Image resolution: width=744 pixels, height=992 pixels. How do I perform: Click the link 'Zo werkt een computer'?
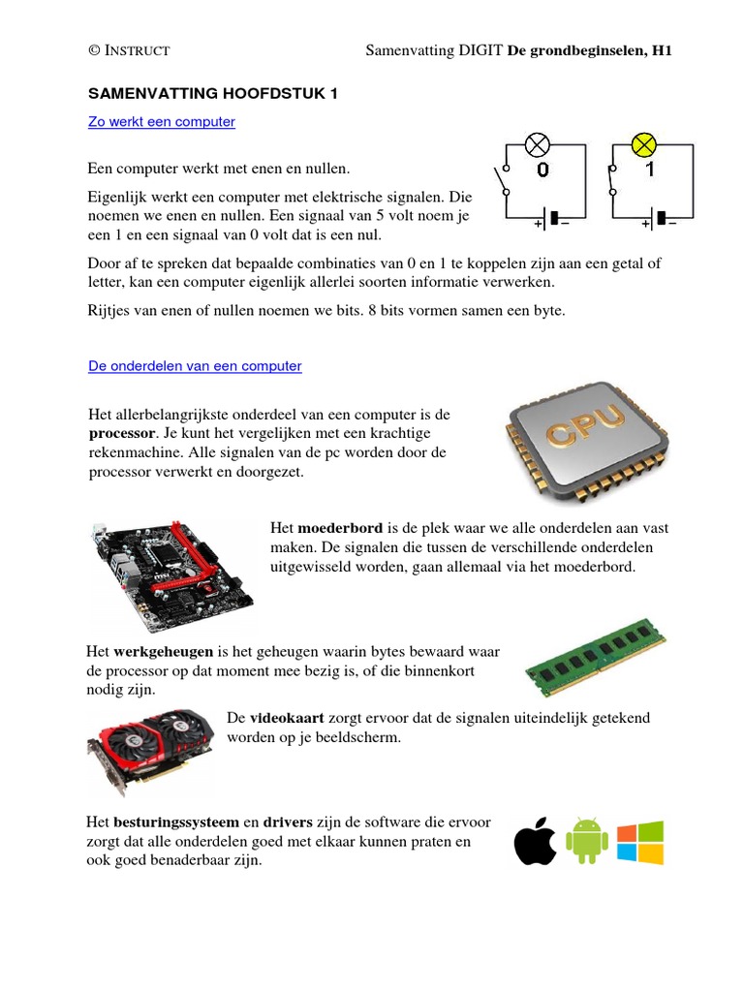point(162,122)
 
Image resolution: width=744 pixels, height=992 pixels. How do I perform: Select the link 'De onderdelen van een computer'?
point(195,366)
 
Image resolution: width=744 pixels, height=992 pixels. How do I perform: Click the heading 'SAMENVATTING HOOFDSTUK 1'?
point(213,94)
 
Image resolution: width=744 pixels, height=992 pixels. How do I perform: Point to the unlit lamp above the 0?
point(537,146)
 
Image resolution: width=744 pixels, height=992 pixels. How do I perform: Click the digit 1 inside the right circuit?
point(650,170)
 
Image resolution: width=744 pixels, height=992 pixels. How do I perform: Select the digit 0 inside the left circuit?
point(542,170)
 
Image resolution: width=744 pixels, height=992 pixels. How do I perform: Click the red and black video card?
point(150,746)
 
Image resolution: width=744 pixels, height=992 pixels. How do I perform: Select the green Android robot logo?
point(586,840)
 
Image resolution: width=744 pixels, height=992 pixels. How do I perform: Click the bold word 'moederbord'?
point(340,528)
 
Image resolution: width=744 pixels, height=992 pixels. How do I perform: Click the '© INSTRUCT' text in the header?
point(129,50)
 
